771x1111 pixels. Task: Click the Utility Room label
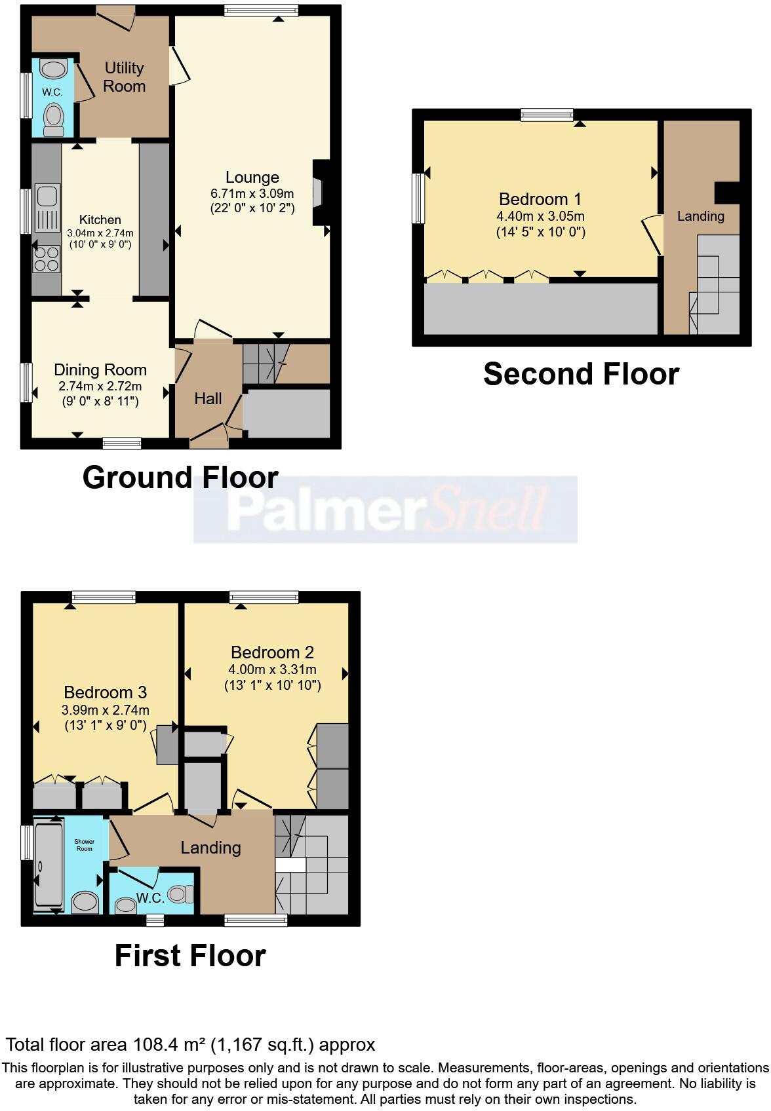(125, 77)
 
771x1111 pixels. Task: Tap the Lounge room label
(252, 177)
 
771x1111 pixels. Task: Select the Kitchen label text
(100, 219)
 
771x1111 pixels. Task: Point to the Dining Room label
(100, 369)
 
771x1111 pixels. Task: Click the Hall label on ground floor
(208, 398)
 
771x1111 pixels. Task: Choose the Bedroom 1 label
(540, 198)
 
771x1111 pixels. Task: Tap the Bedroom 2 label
(272, 652)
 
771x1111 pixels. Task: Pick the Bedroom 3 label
(105, 692)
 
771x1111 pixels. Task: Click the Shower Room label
(85, 845)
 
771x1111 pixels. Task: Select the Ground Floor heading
(180, 477)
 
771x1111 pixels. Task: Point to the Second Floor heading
(581, 374)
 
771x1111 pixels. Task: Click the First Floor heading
(190, 956)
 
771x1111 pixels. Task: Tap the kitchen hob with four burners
(47, 259)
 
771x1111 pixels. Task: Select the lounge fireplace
(319, 193)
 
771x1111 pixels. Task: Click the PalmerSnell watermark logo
(385, 510)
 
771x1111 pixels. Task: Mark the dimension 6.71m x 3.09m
(252, 193)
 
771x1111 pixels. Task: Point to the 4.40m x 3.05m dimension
(540, 216)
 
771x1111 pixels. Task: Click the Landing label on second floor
(701, 216)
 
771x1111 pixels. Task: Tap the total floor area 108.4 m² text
(190, 1044)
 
